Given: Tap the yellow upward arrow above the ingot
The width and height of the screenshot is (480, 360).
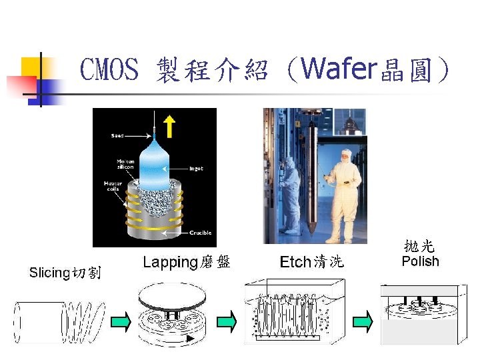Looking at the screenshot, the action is [169, 125].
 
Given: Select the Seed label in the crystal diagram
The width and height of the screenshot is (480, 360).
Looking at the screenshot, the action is [117, 136].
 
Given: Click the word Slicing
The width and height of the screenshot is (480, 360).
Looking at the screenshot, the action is [49, 273].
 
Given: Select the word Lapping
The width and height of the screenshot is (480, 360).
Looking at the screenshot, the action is [170, 262].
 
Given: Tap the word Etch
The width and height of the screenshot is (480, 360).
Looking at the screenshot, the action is [295, 262].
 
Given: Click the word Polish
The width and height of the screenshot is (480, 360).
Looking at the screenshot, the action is [420, 261].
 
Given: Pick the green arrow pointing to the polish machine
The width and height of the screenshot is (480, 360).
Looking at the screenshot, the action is [362, 322].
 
